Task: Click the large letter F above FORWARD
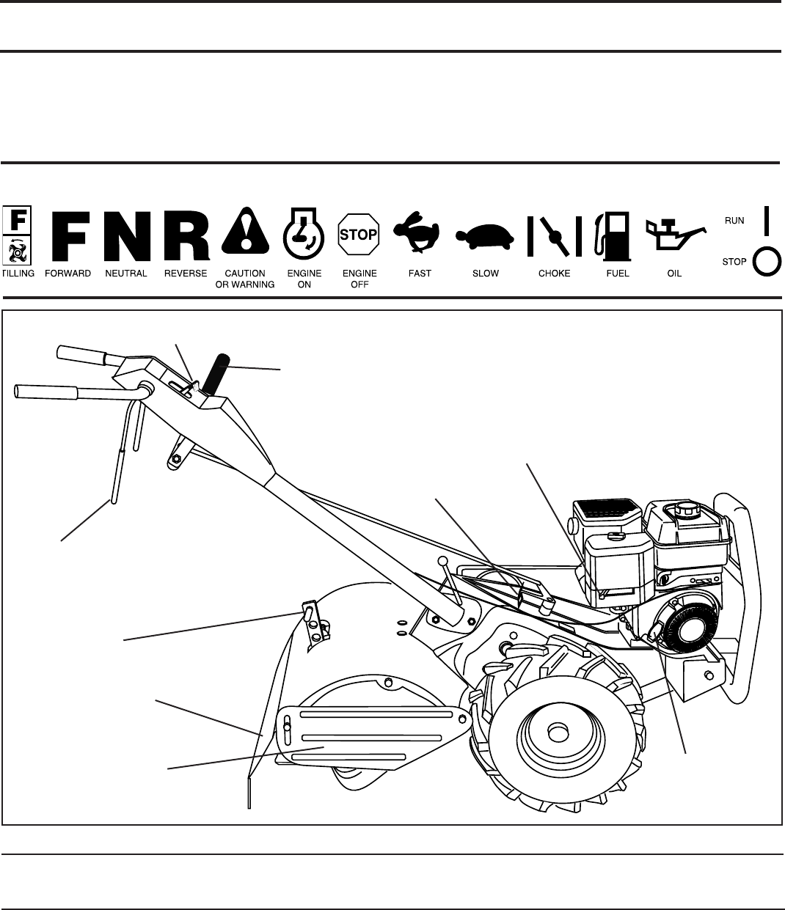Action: tap(73, 236)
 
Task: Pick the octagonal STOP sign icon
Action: tap(358, 235)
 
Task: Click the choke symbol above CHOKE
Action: tap(555, 235)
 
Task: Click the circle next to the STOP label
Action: tap(767, 261)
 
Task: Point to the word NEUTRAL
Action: tap(126, 274)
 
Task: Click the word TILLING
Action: tap(18, 274)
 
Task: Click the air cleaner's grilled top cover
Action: tap(606, 506)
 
